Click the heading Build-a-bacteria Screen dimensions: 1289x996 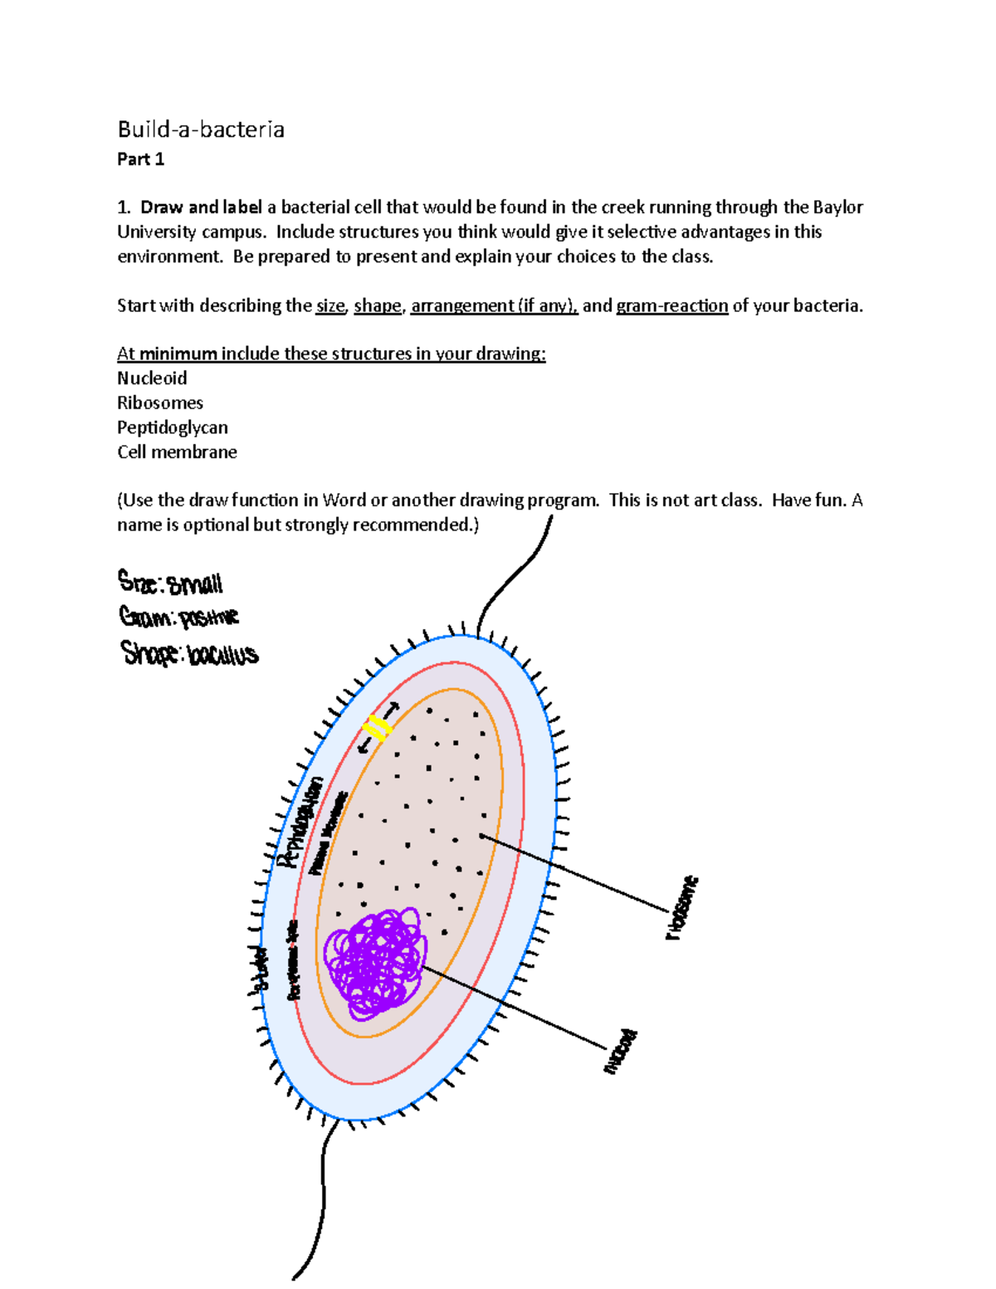(201, 129)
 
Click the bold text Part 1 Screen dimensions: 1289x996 (140, 159)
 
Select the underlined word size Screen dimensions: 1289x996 (330, 305)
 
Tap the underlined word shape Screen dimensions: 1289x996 (378, 305)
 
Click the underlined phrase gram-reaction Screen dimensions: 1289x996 (672, 305)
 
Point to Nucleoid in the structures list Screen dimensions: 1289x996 (152, 378)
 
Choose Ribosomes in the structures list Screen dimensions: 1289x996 (160, 403)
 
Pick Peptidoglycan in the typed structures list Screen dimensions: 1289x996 (173, 427)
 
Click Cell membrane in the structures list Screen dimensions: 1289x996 (177, 452)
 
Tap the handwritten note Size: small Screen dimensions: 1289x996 (170, 583)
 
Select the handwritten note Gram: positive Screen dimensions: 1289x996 (178, 618)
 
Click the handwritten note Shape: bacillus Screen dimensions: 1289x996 (189, 654)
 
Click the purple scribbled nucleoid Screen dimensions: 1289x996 (376, 963)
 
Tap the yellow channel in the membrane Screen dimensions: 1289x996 (378, 728)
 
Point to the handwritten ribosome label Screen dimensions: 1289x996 (682, 907)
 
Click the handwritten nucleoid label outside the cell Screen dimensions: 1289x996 (621, 1052)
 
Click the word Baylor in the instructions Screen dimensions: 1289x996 (837, 208)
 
